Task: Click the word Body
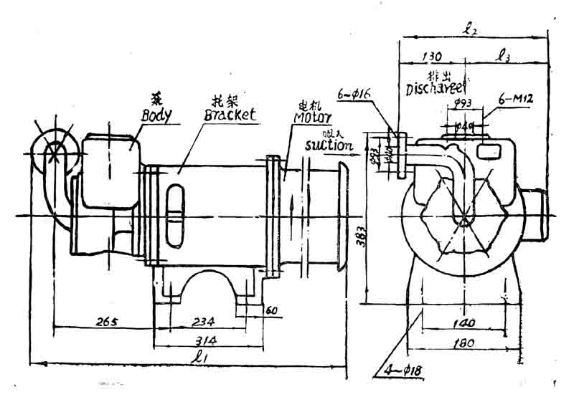(x=156, y=114)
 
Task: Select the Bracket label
(x=230, y=115)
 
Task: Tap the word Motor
(x=312, y=116)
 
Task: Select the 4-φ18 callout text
(x=406, y=370)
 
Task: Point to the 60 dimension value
(x=271, y=310)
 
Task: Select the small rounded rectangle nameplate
(x=491, y=150)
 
